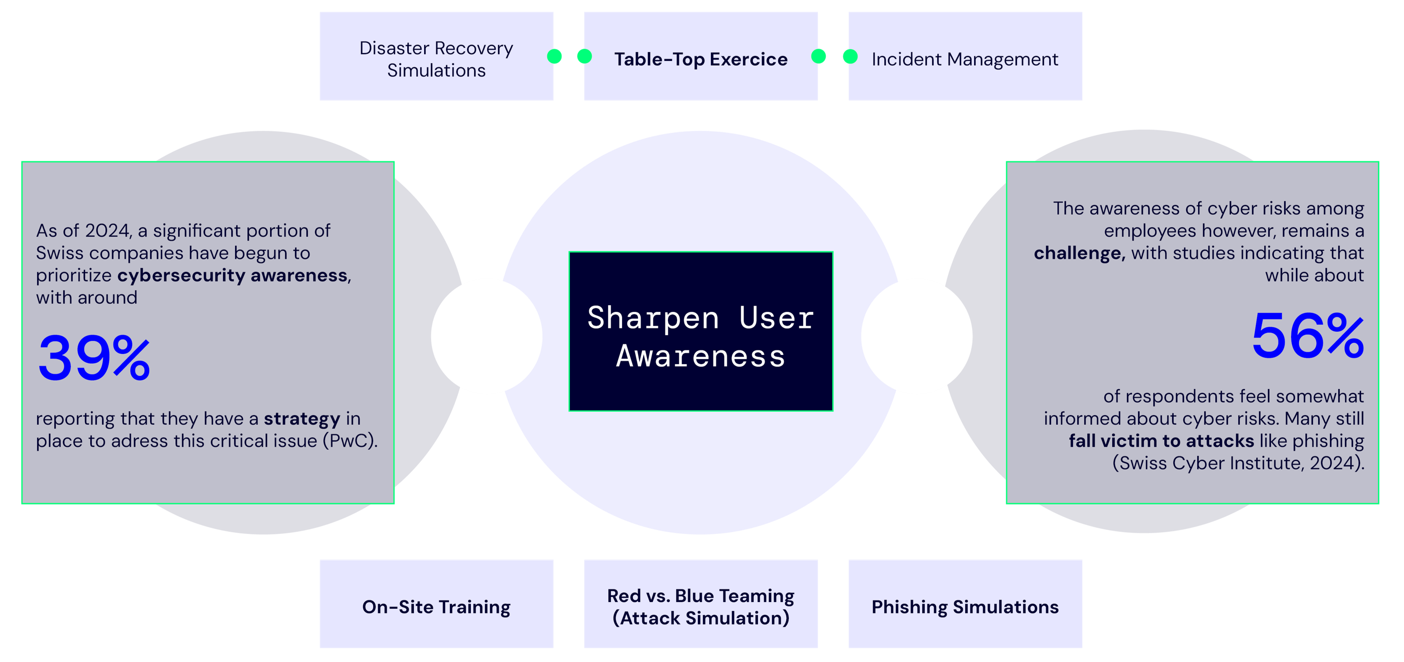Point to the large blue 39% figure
[x=94, y=358]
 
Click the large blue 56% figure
[x=1307, y=336]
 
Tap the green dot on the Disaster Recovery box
[x=554, y=56]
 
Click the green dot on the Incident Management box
[x=850, y=56]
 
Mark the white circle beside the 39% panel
[x=487, y=336]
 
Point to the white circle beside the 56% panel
[x=917, y=336]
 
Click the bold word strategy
[x=302, y=419]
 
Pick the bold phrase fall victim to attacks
[x=1161, y=441]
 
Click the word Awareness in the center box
[x=700, y=356]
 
